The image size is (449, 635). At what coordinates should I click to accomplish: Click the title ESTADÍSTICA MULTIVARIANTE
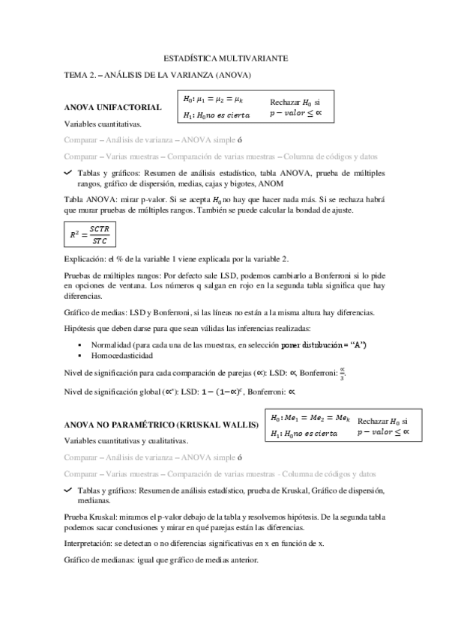(225, 58)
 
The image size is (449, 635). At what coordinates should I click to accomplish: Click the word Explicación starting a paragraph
(86, 258)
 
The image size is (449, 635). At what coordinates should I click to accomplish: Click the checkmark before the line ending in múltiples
(68, 172)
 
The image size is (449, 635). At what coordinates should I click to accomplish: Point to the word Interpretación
(89, 542)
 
